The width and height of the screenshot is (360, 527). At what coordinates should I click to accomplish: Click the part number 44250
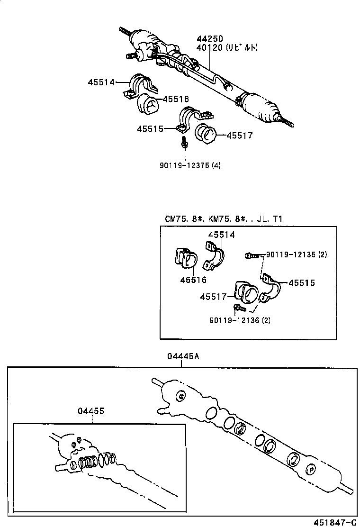click(210, 38)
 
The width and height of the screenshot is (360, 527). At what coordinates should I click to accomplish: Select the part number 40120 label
click(210, 47)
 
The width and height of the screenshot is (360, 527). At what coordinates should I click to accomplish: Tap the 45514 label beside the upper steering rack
click(101, 82)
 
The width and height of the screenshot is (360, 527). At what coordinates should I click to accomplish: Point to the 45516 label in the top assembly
click(176, 99)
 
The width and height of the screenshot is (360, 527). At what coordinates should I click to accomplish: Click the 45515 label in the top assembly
click(151, 129)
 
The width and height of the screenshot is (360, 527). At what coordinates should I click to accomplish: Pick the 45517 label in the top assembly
click(239, 136)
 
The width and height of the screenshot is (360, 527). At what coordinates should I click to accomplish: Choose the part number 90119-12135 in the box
click(291, 254)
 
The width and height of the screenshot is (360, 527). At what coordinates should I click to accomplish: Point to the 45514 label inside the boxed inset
click(221, 235)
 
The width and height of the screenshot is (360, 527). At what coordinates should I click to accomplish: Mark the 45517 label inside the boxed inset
click(213, 297)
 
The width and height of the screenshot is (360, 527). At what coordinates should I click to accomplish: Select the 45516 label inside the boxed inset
click(193, 280)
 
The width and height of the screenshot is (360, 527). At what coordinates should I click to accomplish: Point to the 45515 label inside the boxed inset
click(302, 283)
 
